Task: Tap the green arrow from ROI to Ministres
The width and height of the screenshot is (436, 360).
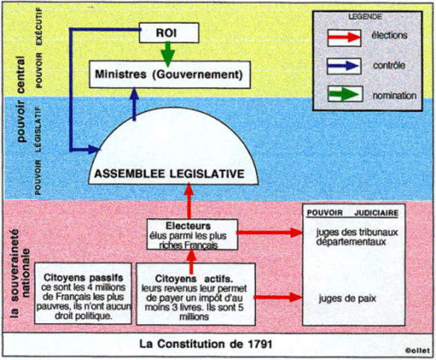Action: tap(168, 53)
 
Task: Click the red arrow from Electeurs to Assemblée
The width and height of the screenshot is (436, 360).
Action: tap(189, 202)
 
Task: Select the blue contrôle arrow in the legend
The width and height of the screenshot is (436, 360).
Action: tap(344, 65)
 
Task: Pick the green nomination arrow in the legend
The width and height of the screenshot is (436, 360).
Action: tap(344, 94)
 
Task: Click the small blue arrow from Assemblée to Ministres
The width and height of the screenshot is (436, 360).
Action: tap(135, 105)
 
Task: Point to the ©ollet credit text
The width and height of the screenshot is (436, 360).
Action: tap(414, 349)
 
